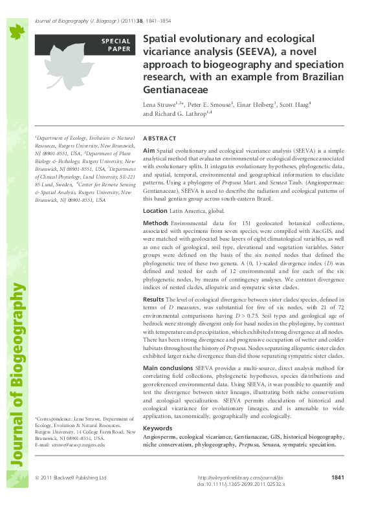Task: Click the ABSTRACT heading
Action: coord(159,138)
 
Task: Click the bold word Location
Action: coord(155,211)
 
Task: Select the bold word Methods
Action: coord(156,223)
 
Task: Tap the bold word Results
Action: coord(153,300)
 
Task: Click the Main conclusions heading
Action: coord(168,368)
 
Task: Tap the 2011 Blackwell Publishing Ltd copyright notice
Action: coord(71,478)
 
